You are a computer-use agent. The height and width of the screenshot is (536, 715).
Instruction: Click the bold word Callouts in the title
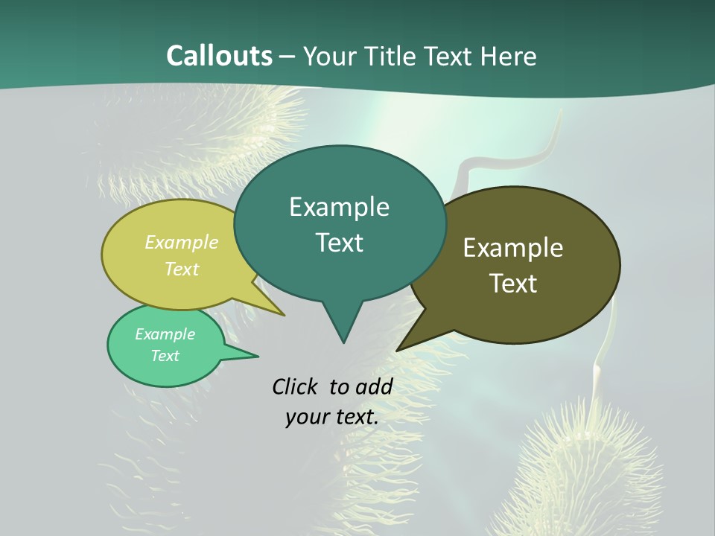click(x=220, y=56)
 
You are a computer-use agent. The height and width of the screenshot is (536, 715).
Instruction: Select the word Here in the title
click(x=509, y=56)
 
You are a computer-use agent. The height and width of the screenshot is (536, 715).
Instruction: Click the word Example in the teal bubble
click(x=339, y=207)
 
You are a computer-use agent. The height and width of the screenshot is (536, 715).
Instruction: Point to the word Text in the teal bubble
click(x=339, y=243)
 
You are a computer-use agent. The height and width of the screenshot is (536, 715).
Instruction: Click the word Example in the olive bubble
click(x=513, y=248)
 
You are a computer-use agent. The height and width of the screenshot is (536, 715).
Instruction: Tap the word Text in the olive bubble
click(x=513, y=284)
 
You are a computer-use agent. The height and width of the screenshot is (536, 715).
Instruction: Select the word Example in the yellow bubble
click(x=182, y=243)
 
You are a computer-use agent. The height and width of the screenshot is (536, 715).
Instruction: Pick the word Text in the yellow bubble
click(x=182, y=269)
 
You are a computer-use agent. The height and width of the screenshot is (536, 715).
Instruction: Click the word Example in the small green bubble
click(x=165, y=334)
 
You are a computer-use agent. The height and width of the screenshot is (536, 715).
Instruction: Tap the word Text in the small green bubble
click(x=165, y=356)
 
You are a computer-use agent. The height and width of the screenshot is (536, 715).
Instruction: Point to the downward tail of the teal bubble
click(x=343, y=328)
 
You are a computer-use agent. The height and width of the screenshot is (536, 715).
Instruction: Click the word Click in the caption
click(x=294, y=387)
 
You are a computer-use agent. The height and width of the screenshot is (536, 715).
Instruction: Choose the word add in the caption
click(x=374, y=387)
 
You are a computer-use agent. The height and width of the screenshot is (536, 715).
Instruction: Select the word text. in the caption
click(x=354, y=417)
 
